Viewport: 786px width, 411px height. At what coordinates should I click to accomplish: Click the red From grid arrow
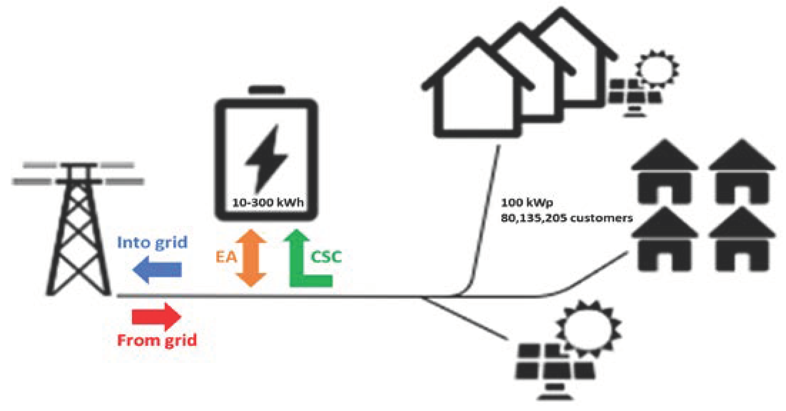(156, 316)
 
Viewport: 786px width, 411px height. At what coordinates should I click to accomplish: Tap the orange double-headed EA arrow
(251, 258)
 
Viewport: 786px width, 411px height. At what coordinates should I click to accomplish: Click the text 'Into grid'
(152, 242)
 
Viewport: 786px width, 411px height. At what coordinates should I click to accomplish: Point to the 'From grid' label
(157, 340)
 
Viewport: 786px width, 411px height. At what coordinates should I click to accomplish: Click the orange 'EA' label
(226, 257)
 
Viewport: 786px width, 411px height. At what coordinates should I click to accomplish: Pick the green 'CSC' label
(326, 257)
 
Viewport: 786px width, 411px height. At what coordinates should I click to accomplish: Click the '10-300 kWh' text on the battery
(268, 203)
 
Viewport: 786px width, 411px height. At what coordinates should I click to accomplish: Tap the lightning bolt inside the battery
(266, 157)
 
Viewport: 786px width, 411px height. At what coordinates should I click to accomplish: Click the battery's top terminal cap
(267, 90)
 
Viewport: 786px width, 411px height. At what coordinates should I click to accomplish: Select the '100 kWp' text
(527, 203)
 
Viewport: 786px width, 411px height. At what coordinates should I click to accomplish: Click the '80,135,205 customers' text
(567, 218)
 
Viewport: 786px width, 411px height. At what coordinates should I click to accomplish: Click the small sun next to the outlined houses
(658, 68)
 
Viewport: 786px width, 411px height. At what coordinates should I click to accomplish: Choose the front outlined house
(477, 93)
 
